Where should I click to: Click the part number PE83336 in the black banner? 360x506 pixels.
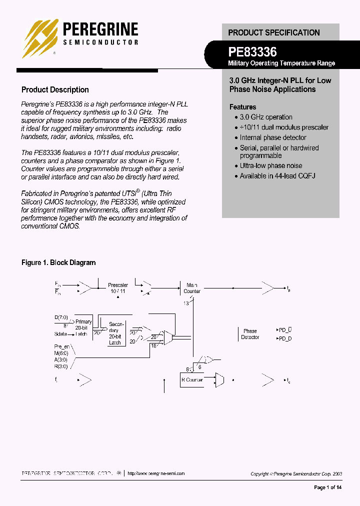point(252,51)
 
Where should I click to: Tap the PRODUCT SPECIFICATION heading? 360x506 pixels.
point(273,32)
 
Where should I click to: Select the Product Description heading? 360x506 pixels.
point(55,90)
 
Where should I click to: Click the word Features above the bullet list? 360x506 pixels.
point(242,107)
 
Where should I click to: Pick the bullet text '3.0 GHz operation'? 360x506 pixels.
point(266,117)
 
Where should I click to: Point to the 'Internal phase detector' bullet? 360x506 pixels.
point(273,137)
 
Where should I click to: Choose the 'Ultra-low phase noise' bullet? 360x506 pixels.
point(271,165)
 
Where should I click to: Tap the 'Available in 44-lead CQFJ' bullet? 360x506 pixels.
point(277,176)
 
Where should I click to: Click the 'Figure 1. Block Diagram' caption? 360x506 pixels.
point(58,262)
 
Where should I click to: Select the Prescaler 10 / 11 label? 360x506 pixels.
point(118,288)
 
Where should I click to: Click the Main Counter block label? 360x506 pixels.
point(192,288)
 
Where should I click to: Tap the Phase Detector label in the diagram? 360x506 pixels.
point(250,334)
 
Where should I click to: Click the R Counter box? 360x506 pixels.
point(192,380)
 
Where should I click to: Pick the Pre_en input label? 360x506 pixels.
point(62,346)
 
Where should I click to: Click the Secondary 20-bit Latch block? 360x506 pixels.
point(115,333)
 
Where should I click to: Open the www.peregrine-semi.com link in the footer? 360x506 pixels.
point(156,473)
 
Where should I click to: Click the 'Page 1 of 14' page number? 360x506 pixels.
point(327,487)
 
